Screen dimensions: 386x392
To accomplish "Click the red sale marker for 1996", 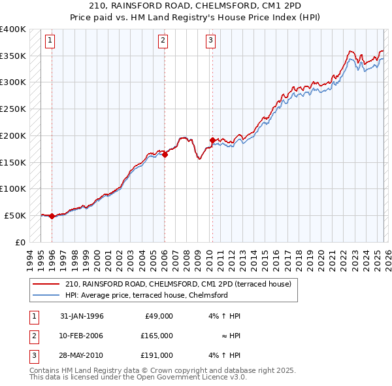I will [x=52, y=216].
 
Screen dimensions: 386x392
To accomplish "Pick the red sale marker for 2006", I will [x=165, y=154].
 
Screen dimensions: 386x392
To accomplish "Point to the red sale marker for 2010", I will [x=212, y=140].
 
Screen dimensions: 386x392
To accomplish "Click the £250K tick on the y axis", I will [x=13, y=109].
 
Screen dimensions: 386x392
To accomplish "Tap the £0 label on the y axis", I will [x=20, y=242].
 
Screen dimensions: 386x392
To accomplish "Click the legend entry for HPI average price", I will [x=146, y=295].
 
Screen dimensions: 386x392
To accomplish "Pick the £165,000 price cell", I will [x=157, y=336].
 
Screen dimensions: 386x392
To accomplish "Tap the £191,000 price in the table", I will [x=157, y=355].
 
